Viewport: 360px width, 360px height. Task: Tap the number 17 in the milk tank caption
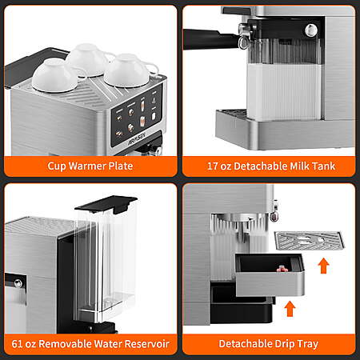pos(213,166)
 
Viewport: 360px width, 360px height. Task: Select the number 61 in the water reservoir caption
pos(17,344)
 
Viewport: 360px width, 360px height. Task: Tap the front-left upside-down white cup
pos(55,76)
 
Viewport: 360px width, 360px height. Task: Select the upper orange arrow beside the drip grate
pos(324,266)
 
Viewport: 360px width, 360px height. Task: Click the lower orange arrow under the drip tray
pos(290,309)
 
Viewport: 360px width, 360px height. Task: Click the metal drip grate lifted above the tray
pos(310,241)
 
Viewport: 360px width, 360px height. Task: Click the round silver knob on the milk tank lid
pos(310,30)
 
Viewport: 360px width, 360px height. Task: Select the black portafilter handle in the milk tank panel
pos(210,39)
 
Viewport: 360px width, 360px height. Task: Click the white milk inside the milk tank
pos(284,91)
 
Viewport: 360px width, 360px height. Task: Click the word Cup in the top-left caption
pos(57,166)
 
